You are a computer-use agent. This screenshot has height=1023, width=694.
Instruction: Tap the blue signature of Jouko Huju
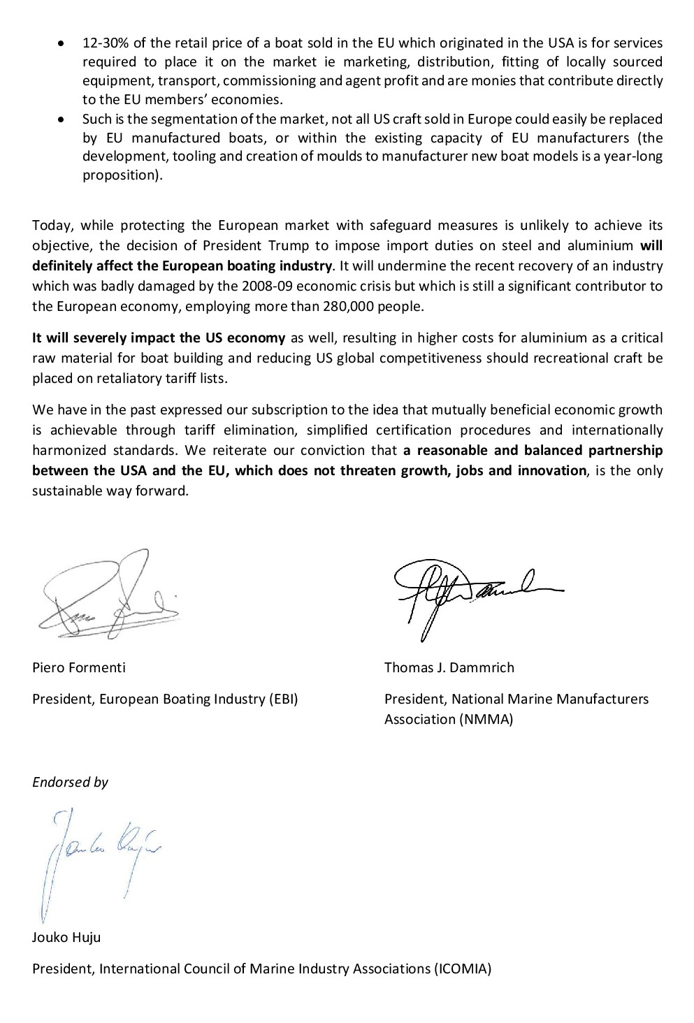(x=98, y=857)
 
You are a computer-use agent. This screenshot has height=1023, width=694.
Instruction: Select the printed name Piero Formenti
(x=79, y=667)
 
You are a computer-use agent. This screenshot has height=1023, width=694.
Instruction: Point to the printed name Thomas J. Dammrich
(x=449, y=667)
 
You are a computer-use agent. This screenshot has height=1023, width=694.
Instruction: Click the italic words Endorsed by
(x=70, y=782)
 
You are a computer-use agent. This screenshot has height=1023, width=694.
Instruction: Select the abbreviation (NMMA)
(x=486, y=719)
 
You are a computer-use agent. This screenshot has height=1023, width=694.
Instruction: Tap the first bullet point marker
(x=63, y=43)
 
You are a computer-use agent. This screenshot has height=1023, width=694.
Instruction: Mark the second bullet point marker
(x=63, y=119)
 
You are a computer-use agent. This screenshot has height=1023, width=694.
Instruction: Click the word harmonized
(x=65, y=450)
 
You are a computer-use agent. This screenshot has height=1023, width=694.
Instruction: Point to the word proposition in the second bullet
(x=122, y=175)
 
